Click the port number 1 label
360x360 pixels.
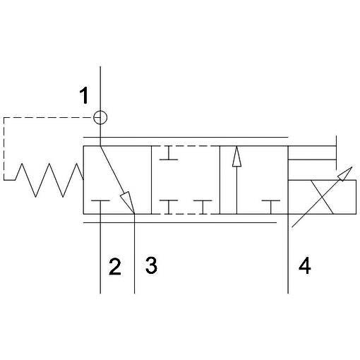pyautogui.click(x=84, y=95)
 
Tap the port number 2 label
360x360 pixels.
pyautogui.click(x=115, y=267)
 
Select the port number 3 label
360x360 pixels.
pyautogui.click(x=151, y=265)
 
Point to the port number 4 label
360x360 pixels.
pyautogui.click(x=305, y=265)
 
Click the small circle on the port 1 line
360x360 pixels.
pyautogui.click(x=100, y=117)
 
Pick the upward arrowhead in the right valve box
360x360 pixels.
pyautogui.click(x=236, y=157)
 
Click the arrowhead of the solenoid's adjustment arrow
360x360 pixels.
pyautogui.click(x=345, y=174)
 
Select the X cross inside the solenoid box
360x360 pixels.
pyautogui.click(x=322, y=197)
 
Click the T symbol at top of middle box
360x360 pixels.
pyautogui.click(x=169, y=153)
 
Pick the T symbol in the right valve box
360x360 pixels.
pyautogui.click(x=271, y=207)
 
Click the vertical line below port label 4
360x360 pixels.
pyautogui.click(x=288, y=254)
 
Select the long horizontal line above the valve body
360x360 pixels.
pyautogui.click(x=186, y=137)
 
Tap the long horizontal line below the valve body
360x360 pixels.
pyautogui.click(x=180, y=222)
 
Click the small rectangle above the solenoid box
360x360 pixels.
pyautogui.click(x=312, y=152)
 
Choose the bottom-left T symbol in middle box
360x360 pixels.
pyautogui.click(x=169, y=207)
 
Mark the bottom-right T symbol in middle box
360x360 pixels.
pyautogui.click(x=203, y=207)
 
